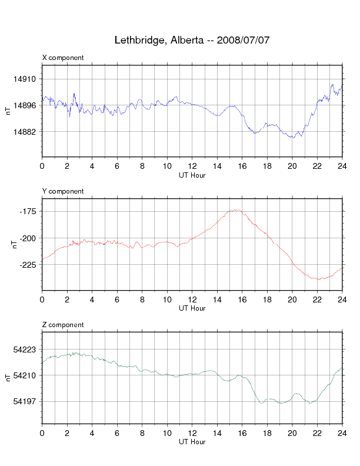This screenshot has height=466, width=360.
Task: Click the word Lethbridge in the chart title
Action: (x=139, y=41)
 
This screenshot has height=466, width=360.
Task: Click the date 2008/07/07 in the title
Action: (x=243, y=40)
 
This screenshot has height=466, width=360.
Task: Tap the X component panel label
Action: (x=63, y=58)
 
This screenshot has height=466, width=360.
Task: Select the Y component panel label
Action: (x=63, y=191)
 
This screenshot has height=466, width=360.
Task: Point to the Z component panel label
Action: (x=63, y=325)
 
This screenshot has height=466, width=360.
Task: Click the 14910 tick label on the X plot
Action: (x=24, y=79)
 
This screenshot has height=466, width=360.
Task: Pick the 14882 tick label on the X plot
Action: (x=24, y=131)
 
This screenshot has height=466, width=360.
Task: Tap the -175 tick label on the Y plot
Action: (x=28, y=211)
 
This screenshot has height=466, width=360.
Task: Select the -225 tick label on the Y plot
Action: (x=28, y=265)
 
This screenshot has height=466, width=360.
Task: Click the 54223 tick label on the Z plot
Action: (x=24, y=349)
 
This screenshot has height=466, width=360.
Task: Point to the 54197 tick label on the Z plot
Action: (x=24, y=401)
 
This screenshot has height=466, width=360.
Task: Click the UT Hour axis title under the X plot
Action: (x=192, y=175)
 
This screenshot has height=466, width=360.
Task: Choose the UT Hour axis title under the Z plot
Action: (x=192, y=442)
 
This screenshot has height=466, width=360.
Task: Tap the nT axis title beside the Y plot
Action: (x=14, y=245)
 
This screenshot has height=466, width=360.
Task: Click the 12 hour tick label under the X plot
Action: (x=192, y=166)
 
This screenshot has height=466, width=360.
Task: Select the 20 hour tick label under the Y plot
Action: (x=292, y=299)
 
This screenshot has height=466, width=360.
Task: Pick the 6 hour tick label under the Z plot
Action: (x=117, y=433)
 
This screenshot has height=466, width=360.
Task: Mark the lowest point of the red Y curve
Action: (x=318, y=279)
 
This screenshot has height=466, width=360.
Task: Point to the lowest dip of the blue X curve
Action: (x=294, y=138)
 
